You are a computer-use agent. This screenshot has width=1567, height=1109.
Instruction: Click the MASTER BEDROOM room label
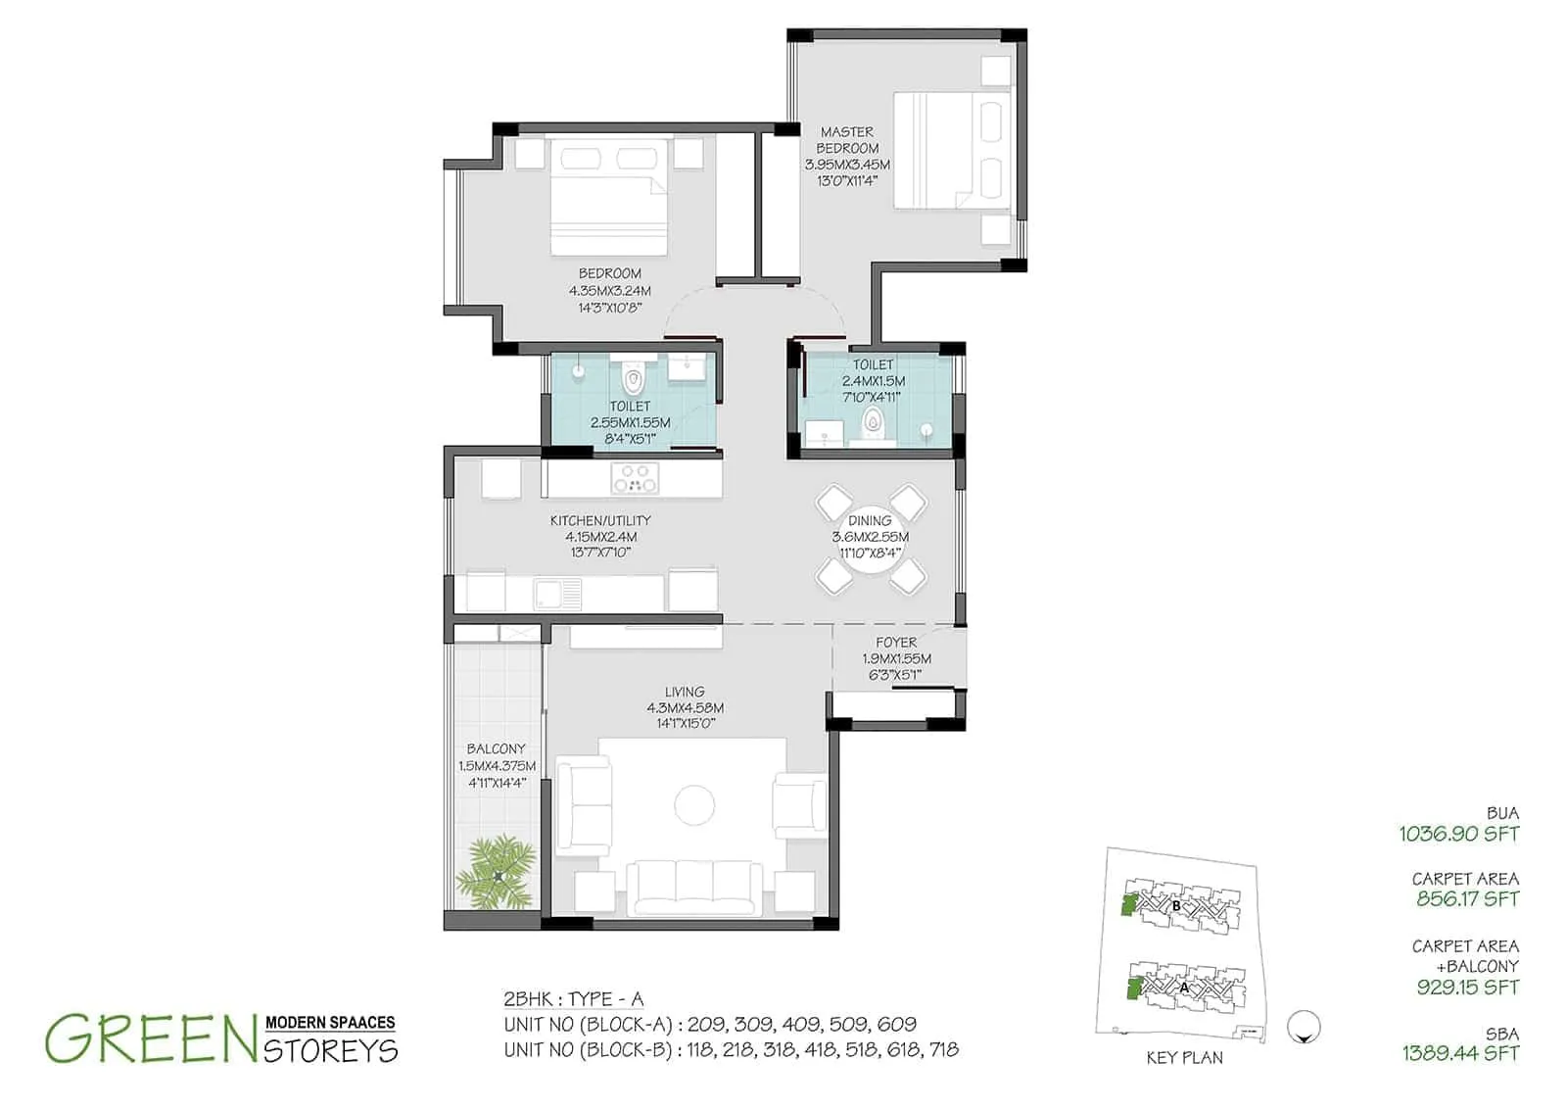click(847, 139)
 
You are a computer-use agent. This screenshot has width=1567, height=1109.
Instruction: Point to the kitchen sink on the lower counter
click(555, 593)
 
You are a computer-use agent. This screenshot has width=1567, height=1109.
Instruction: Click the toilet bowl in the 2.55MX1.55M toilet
click(632, 379)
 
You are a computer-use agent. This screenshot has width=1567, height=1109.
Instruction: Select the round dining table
click(871, 538)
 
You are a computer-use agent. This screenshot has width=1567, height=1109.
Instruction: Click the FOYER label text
click(896, 643)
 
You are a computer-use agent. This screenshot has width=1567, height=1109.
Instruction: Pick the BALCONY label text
click(496, 748)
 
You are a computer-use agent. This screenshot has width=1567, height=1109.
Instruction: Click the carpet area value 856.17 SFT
click(1467, 898)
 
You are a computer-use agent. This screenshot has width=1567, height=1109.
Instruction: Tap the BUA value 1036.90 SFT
click(1458, 834)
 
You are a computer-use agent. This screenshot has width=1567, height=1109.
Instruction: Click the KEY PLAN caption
click(1184, 1058)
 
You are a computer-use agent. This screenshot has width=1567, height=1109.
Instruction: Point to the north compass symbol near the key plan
click(1305, 1027)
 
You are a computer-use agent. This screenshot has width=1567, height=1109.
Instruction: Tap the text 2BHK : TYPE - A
click(573, 999)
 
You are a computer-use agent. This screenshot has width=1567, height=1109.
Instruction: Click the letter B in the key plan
click(1176, 906)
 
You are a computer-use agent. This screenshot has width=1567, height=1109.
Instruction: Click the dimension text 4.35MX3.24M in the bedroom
click(609, 291)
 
